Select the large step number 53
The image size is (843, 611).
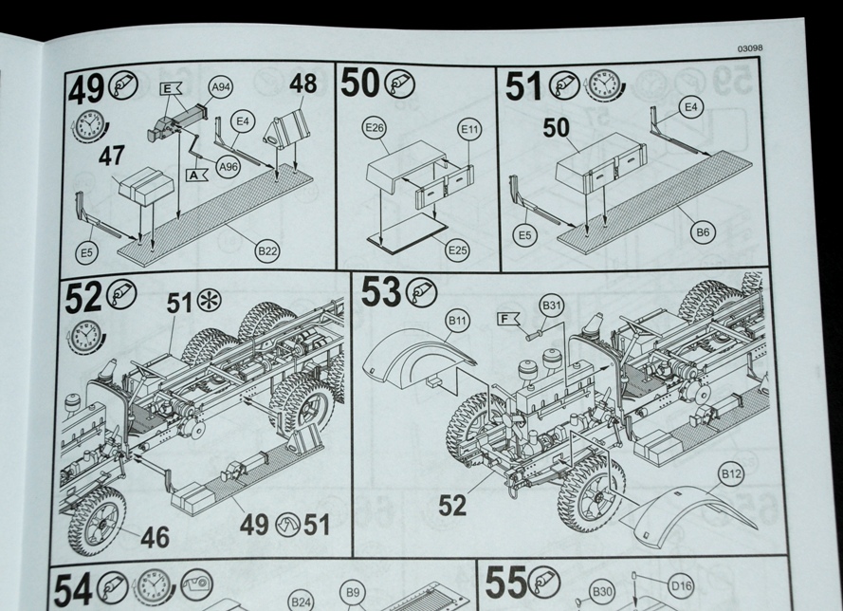pyautogui.click(x=381, y=293)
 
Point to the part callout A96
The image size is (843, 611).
pyautogui.click(x=228, y=168)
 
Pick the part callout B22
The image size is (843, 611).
pyautogui.click(x=267, y=250)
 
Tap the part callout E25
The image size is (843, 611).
pyautogui.click(x=458, y=250)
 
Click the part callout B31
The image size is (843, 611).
pyautogui.click(x=552, y=305)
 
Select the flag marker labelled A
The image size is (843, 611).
pyautogui.click(x=197, y=176)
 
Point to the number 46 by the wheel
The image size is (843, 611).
pyautogui.click(x=155, y=538)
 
